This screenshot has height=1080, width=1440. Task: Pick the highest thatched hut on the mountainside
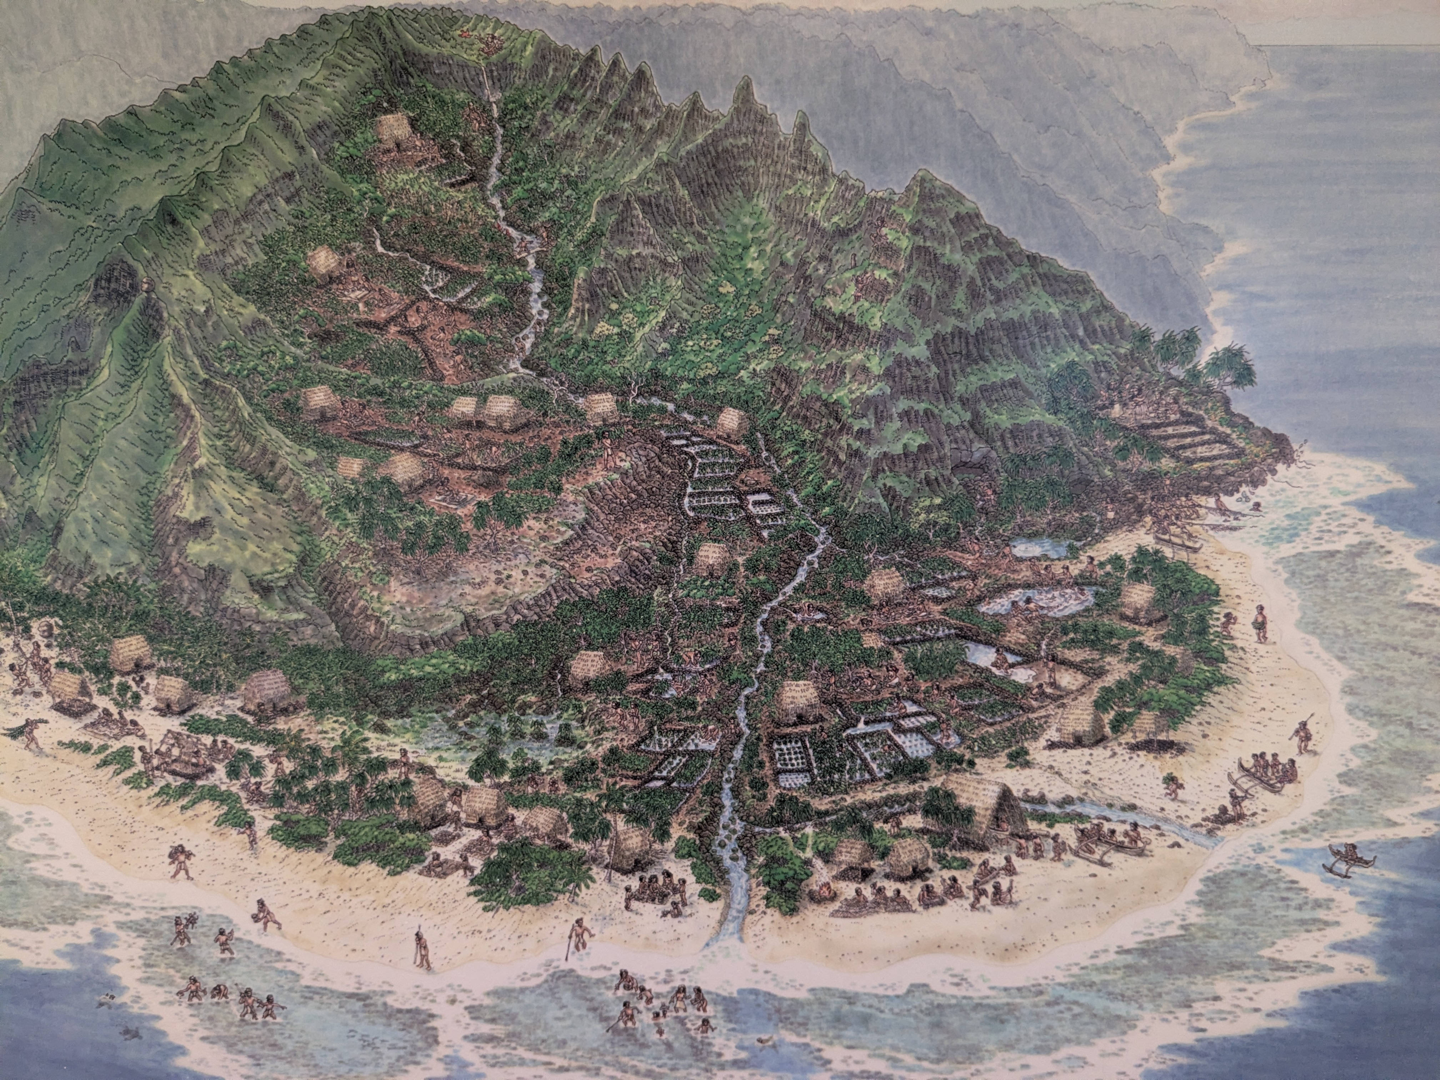[x=394, y=134]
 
